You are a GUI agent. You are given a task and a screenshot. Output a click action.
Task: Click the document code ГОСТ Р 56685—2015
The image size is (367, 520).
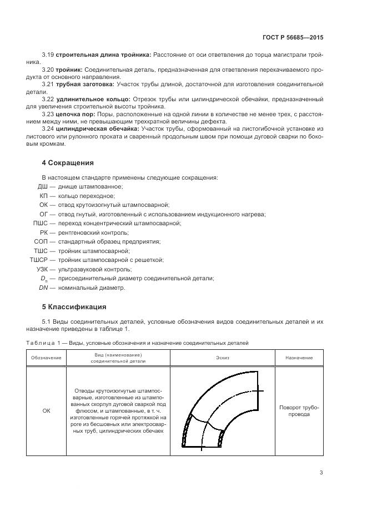(x=292, y=37)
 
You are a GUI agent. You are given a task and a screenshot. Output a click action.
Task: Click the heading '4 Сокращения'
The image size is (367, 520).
(x=68, y=163)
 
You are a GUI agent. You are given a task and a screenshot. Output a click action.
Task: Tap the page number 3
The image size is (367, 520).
(x=321, y=472)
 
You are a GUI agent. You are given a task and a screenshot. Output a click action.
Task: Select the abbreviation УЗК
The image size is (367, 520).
(x=41, y=269)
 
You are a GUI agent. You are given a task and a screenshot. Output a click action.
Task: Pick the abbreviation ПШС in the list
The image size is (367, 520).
(x=40, y=223)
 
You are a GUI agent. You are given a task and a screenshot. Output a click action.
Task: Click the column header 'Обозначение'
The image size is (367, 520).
(x=46, y=358)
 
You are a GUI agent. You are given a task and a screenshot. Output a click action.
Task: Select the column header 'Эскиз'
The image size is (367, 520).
(x=223, y=358)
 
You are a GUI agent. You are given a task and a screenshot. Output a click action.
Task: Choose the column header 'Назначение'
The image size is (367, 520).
(x=299, y=358)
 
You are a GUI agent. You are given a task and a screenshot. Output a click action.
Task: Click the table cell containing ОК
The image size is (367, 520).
(x=46, y=411)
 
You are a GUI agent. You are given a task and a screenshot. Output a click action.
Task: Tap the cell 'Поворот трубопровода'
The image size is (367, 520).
(x=299, y=411)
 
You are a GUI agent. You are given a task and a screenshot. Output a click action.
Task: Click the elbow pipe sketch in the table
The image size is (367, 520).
(x=222, y=412)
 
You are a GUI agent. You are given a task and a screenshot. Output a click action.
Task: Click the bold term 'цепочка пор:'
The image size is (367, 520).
(x=74, y=113)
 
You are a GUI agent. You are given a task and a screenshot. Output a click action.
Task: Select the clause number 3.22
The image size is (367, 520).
(x=48, y=99)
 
